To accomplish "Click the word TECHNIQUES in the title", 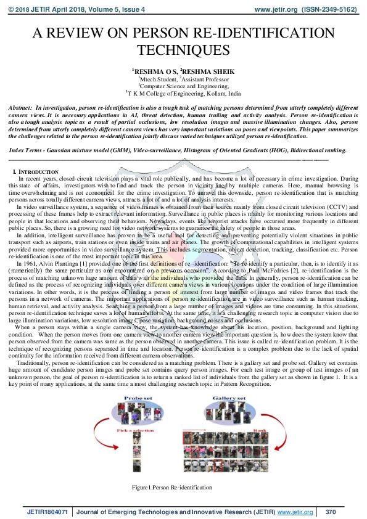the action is (x=183, y=49).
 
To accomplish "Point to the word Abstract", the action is (x=20, y=108).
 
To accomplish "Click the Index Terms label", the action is (x=27, y=150).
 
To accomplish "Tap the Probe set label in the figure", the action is (x=138, y=399).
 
